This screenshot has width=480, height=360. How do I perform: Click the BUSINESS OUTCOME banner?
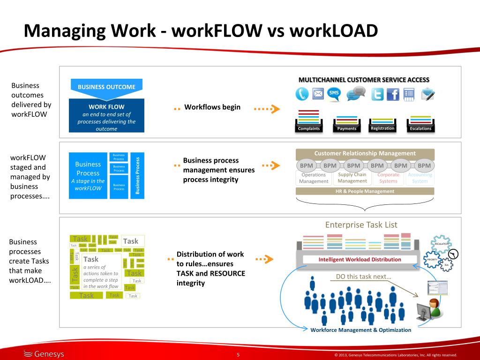pos(106,87)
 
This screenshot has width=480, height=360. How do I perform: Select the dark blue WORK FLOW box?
pos(106,115)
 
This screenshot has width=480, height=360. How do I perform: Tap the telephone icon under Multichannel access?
pos(302,94)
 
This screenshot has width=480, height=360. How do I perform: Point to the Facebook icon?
pos(393,95)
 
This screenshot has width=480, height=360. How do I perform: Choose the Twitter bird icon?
pos(377,95)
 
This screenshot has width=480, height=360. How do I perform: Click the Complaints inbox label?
pos(309,128)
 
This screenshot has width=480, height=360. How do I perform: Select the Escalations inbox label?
pos(420,128)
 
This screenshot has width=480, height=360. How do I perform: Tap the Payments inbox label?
pos(347,128)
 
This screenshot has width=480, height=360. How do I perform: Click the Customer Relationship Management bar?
pos(365,153)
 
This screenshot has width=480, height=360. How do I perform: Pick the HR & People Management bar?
pos(365,191)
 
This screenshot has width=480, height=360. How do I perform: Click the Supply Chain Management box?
pos(352,178)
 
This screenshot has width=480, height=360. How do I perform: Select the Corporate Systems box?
pos(388,178)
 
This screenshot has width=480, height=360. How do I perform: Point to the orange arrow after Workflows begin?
pos(267,109)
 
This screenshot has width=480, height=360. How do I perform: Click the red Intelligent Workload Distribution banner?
pos(360,259)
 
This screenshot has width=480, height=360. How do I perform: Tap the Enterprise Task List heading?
pos(361,225)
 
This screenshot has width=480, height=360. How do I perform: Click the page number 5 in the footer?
pos(238,354)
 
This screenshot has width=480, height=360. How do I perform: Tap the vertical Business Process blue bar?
pos(137,175)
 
